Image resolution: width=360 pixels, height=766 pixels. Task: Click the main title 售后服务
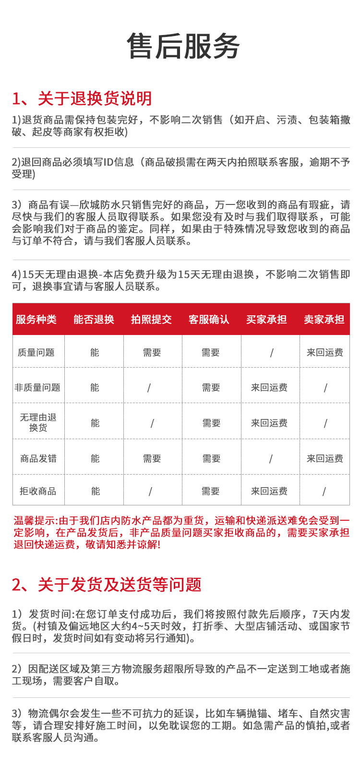pos(183,46)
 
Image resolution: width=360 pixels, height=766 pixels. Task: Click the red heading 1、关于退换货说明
pos(82,98)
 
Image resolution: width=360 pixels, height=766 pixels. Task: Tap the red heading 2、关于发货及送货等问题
pos(107,585)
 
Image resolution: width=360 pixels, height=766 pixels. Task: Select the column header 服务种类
pos(36,319)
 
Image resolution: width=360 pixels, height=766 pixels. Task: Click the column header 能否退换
pos(94,319)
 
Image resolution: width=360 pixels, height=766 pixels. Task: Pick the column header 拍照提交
pos(151,319)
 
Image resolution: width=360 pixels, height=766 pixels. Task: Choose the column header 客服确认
pos(209,319)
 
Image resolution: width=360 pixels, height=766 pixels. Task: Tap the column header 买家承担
pos(266,319)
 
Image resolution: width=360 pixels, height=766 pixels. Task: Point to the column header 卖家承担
pos(324,319)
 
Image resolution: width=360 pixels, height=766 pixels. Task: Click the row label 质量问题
pos(36,352)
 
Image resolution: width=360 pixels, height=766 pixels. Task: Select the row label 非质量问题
pos(37,387)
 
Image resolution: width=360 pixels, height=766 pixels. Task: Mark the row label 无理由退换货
pos(38,422)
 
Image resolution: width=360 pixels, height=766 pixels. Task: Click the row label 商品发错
pos(38,458)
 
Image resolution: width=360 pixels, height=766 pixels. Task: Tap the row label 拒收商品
pos(38,491)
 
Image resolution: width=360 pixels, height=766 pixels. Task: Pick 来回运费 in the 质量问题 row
pos(325,352)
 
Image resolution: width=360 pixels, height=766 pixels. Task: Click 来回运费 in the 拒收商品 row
pos(269,491)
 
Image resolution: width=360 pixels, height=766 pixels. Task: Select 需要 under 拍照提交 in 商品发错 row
pos(152,458)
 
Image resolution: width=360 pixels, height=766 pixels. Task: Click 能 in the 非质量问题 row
pos(95,387)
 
